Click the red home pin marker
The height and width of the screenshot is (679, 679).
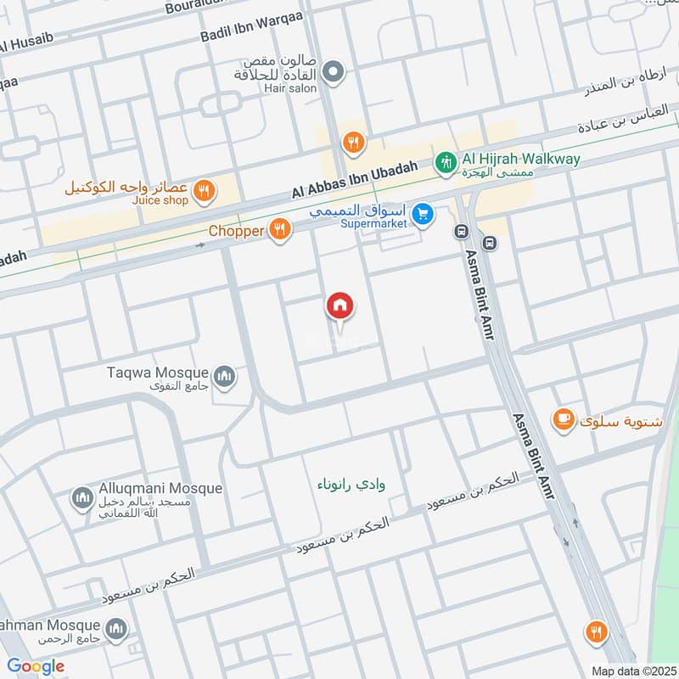(340, 306)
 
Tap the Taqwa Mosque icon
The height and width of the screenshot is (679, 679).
(224, 374)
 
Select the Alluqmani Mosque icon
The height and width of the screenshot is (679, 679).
(82, 497)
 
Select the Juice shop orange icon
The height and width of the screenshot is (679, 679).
(202, 192)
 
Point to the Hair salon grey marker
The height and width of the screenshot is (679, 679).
(334, 72)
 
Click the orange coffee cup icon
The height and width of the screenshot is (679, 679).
(562, 418)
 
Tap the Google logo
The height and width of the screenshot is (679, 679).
(36, 665)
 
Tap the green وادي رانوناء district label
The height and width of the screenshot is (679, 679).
(358, 485)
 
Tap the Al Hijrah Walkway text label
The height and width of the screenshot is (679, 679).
(519, 159)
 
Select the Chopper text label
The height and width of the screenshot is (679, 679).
(236, 230)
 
